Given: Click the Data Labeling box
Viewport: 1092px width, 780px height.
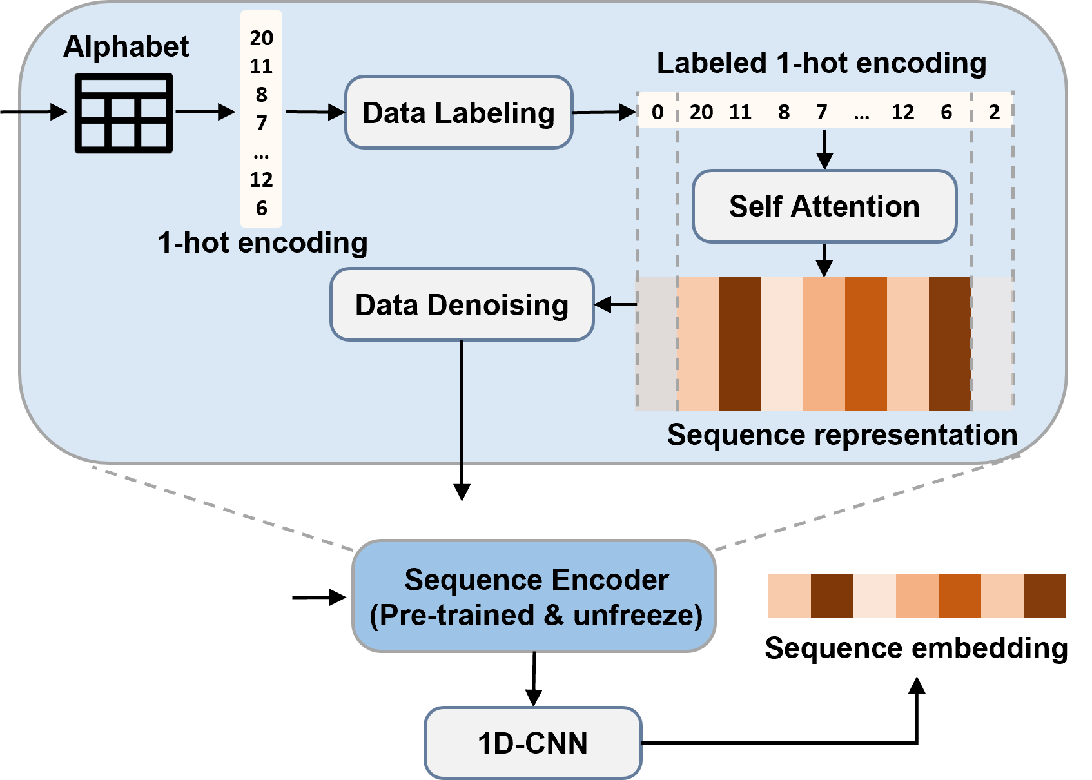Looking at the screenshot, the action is tap(459, 112).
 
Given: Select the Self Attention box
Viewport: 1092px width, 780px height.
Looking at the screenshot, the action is tap(824, 206).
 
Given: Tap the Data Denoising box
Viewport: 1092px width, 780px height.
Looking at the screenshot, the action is tap(462, 304).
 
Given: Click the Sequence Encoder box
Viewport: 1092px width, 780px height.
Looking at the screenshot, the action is tap(534, 596).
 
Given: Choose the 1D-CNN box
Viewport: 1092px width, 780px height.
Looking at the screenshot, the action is tap(533, 743).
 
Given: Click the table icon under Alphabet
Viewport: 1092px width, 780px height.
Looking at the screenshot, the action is tap(124, 113).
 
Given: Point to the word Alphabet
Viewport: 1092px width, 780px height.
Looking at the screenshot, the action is tap(126, 47).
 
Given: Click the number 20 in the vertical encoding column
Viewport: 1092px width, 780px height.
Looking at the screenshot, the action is tap(261, 38).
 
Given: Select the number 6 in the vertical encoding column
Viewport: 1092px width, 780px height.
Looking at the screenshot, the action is tap(261, 208).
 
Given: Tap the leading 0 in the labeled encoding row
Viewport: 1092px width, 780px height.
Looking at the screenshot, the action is tap(658, 112).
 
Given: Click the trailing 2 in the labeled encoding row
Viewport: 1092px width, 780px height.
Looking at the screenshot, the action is tap(994, 112).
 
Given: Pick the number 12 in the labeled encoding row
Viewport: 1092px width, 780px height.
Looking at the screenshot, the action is tap(902, 112).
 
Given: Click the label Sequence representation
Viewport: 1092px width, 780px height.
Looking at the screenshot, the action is tap(843, 434).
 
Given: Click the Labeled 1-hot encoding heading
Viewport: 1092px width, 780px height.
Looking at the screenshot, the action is tap(821, 63).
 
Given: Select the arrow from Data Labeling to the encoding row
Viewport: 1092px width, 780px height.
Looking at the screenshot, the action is tap(605, 112).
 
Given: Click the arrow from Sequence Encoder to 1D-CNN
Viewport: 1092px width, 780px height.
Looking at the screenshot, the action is tap(534, 679).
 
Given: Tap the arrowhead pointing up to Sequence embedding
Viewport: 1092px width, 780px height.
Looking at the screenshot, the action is tap(917, 685).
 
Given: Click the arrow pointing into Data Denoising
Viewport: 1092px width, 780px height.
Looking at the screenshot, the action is tap(616, 305).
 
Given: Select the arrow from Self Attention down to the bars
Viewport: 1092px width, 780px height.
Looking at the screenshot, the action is tap(824, 260).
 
